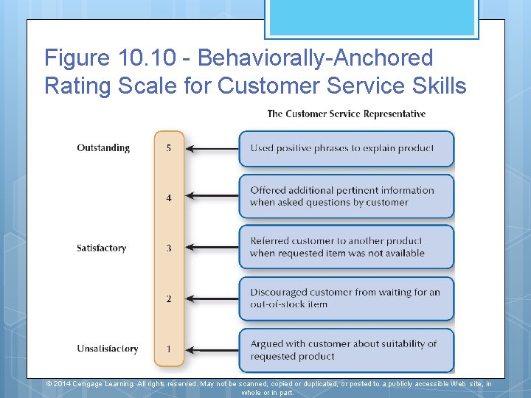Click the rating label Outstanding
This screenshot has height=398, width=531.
click(103, 148)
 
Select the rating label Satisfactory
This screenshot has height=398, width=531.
click(102, 248)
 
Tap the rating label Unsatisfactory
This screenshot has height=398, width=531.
click(108, 349)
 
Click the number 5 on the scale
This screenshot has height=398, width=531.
click(169, 148)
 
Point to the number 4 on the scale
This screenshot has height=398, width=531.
click(169, 198)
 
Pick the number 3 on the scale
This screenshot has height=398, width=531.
click(169, 248)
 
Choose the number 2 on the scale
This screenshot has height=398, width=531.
click(169, 298)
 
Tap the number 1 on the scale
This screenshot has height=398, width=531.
click(169, 349)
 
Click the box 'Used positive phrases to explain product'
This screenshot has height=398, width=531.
click(346, 149)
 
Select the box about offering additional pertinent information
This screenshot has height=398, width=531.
click(346, 196)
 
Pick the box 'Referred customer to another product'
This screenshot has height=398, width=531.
click(346, 247)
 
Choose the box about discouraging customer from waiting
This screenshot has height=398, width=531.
click(346, 298)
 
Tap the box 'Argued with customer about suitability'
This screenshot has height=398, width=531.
click(346, 350)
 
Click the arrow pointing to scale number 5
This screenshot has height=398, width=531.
click(212, 149)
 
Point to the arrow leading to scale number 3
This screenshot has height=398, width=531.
click(212, 248)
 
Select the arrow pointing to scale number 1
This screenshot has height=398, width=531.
click(212, 349)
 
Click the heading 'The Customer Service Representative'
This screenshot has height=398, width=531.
click(346, 114)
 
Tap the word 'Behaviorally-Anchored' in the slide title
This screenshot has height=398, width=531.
click(316, 57)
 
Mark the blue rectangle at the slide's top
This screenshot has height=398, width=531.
click(372, 18)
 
